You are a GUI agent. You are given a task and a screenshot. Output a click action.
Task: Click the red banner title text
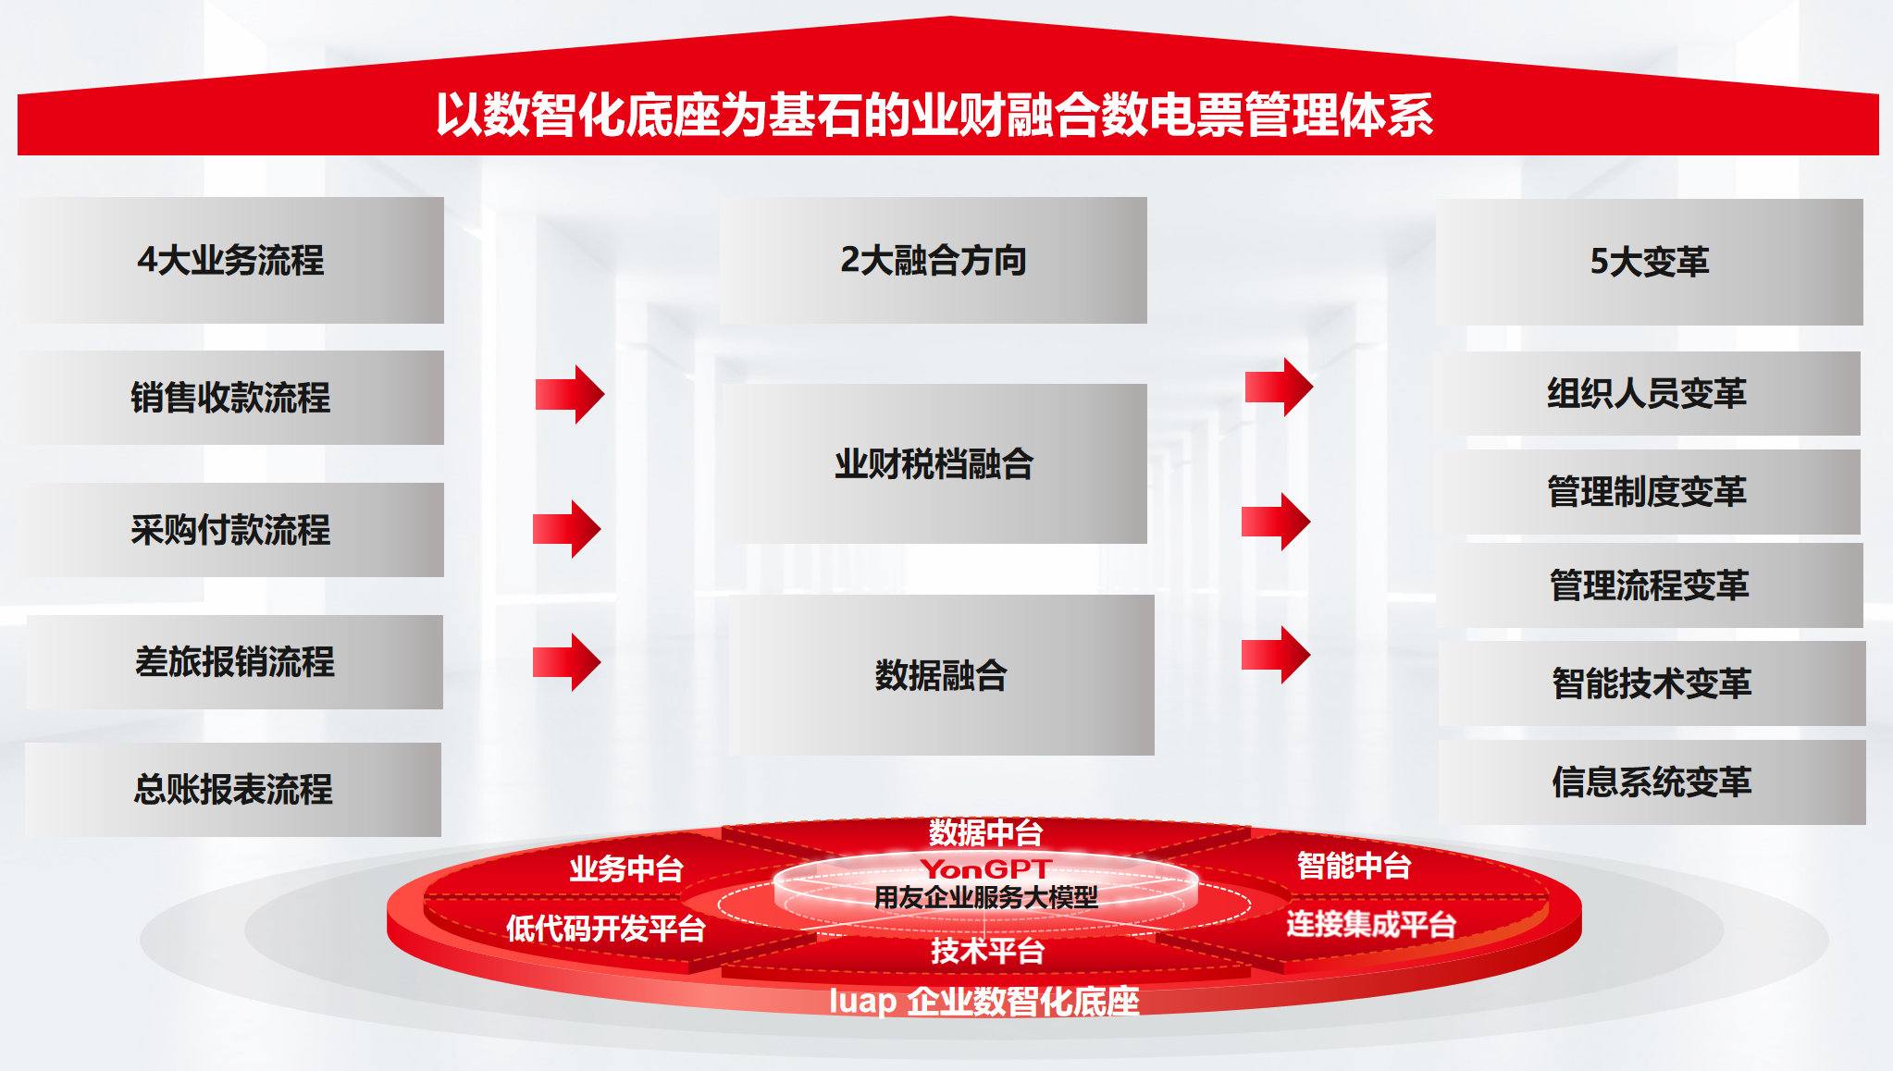934,115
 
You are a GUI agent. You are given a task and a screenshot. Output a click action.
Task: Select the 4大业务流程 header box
231,260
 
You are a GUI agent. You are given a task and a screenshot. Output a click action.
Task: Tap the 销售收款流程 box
231,398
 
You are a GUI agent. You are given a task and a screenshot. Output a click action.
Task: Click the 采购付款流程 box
231,530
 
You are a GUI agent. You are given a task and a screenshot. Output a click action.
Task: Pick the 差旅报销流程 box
235,662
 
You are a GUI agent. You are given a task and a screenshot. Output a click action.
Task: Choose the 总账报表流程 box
233,790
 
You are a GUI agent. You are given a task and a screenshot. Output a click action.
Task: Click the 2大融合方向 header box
934,260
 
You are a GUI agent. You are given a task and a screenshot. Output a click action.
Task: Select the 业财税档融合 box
934,463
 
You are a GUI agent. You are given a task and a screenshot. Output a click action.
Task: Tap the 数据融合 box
942,675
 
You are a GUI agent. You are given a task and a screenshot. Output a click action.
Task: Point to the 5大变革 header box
1650,262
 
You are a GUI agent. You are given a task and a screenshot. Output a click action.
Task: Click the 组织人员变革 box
1648,393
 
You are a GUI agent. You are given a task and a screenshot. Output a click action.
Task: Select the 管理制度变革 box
1648,491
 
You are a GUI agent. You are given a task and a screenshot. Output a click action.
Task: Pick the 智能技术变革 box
1652,683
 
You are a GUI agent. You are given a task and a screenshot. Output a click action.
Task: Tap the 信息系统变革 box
1652,782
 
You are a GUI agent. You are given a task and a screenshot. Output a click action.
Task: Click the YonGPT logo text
986,869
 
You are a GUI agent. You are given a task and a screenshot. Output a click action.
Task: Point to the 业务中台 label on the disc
626,868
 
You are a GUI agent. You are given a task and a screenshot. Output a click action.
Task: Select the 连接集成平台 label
1371,923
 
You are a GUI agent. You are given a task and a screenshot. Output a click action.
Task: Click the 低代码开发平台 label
606,928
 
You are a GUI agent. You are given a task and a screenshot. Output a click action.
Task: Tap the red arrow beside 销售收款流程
570,395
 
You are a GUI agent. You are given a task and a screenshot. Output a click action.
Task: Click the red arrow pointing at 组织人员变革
1279,387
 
